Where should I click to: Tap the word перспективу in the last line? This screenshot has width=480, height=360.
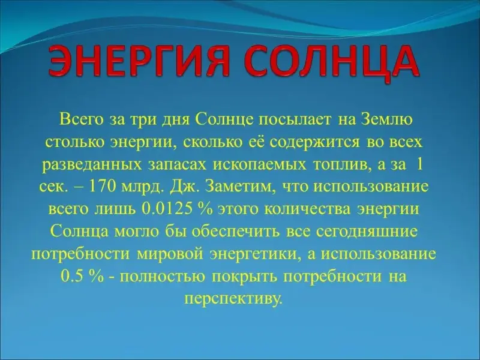[x=232, y=298]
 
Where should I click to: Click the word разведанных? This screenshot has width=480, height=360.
[x=92, y=166]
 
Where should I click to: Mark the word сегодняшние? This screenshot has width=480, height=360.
[x=366, y=232]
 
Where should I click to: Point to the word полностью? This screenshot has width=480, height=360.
[x=163, y=277]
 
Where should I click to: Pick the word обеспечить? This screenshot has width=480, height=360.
[x=236, y=232]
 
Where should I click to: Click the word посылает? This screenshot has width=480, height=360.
[x=295, y=119]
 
